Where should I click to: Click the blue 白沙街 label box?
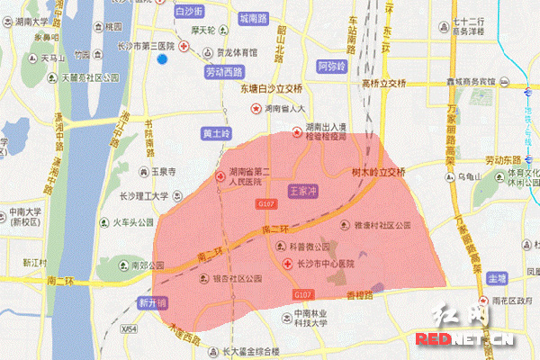tap(192, 12)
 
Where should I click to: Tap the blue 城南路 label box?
tap(258, 18)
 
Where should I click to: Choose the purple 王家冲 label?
tap(305, 192)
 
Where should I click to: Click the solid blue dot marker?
tap(163, 59)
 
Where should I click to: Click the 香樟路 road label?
tap(359, 294)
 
